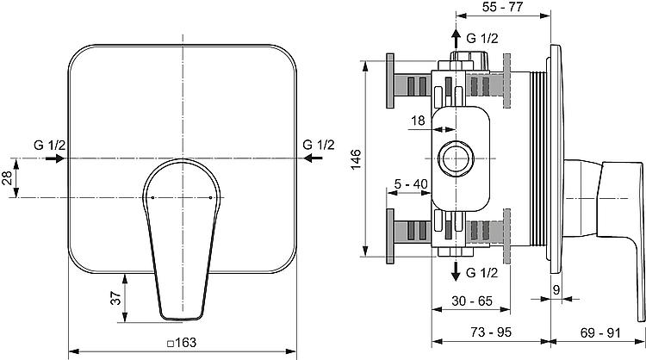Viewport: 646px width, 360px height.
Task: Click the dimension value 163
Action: [x=186, y=343]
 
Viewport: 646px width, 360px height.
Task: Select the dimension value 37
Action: [x=117, y=298]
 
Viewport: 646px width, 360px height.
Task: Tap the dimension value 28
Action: [x=7, y=178]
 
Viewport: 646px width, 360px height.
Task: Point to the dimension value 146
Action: [x=355, y=159]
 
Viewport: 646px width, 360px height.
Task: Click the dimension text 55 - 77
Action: [x=503, y=7]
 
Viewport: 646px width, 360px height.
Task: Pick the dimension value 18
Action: [x=418, y=121]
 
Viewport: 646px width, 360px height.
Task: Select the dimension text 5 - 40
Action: [x=411, y=184]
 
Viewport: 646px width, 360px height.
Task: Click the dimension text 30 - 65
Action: [x=472, y=301]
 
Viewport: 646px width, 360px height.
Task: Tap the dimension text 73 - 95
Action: [x=491, y=332]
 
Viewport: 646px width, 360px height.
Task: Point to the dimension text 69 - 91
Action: [x=600, y=332]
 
